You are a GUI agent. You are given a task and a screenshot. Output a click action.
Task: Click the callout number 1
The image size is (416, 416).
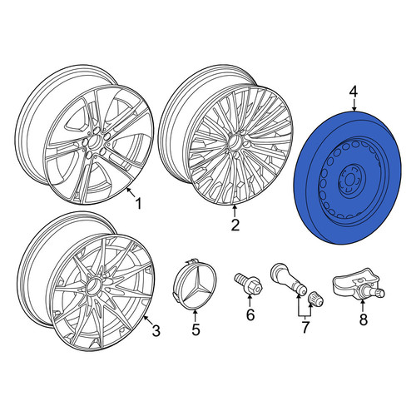[138, 203]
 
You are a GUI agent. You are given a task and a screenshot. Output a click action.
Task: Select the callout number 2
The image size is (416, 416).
[235, 225]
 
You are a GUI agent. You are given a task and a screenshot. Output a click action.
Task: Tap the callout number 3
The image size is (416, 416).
[156, 330]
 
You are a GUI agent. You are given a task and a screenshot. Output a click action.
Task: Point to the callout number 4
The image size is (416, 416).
[354, 92]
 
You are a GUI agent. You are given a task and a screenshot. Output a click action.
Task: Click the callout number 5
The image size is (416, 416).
[196, 329]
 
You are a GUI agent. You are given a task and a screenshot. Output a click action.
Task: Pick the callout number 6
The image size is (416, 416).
[250, 314]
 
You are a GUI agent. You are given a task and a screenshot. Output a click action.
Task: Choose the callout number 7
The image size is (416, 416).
[305, 327]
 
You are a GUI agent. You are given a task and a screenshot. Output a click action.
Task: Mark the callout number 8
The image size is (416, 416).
[363, 319]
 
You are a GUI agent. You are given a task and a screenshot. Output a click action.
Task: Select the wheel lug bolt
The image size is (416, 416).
[249, 284]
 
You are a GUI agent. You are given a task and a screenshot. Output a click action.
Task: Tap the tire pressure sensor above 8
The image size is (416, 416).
[359, 285]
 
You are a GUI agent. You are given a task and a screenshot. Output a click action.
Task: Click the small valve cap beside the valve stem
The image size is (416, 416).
[316, 298]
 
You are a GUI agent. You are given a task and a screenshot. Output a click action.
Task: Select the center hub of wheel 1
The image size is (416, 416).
[94, 144]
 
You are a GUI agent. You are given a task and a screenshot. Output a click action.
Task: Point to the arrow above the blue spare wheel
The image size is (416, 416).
[354, 106]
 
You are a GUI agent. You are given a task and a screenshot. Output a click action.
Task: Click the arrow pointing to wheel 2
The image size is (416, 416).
[235, 210]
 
